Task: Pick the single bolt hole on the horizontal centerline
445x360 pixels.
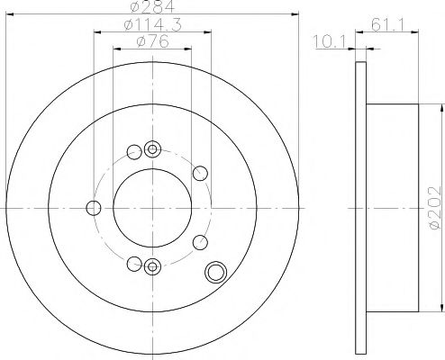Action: click(93, 209)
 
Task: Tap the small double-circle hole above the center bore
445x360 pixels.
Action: click(151, 149)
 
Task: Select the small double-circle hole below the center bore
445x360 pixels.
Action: click(151, 265)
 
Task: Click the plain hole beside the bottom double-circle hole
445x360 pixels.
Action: click(134, 264)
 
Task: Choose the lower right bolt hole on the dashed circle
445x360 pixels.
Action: click(200, 241)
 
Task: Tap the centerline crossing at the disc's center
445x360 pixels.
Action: click(150, 207)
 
